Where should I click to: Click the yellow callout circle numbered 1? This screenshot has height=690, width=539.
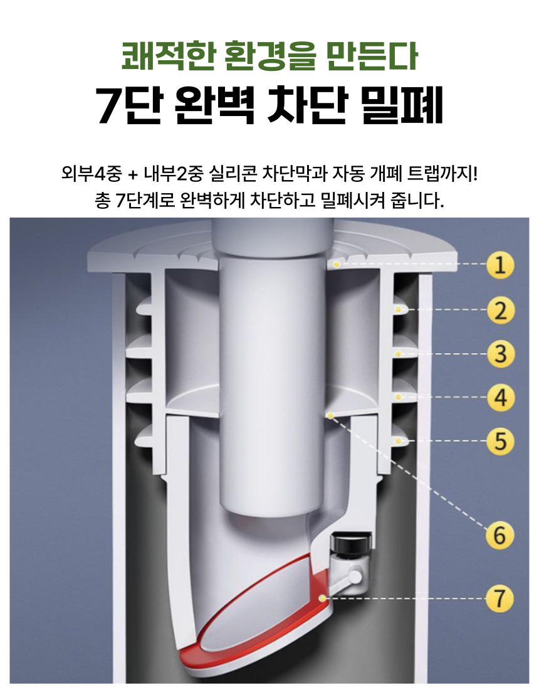[500, 265]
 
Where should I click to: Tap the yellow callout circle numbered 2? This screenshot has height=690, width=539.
[500, 310]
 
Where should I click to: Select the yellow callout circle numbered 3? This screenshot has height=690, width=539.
[500, 353]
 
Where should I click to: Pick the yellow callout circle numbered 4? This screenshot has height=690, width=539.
[500, 397]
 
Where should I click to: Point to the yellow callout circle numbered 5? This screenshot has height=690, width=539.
[500, 440]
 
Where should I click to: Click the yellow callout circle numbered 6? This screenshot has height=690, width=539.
[500, 536]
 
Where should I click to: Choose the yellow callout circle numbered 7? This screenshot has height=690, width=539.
[500, 598]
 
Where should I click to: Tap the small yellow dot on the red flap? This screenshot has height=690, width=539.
[322, 598]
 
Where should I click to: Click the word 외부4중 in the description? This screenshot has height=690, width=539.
[92, 173]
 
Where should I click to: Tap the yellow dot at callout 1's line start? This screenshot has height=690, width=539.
[337, 264]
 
